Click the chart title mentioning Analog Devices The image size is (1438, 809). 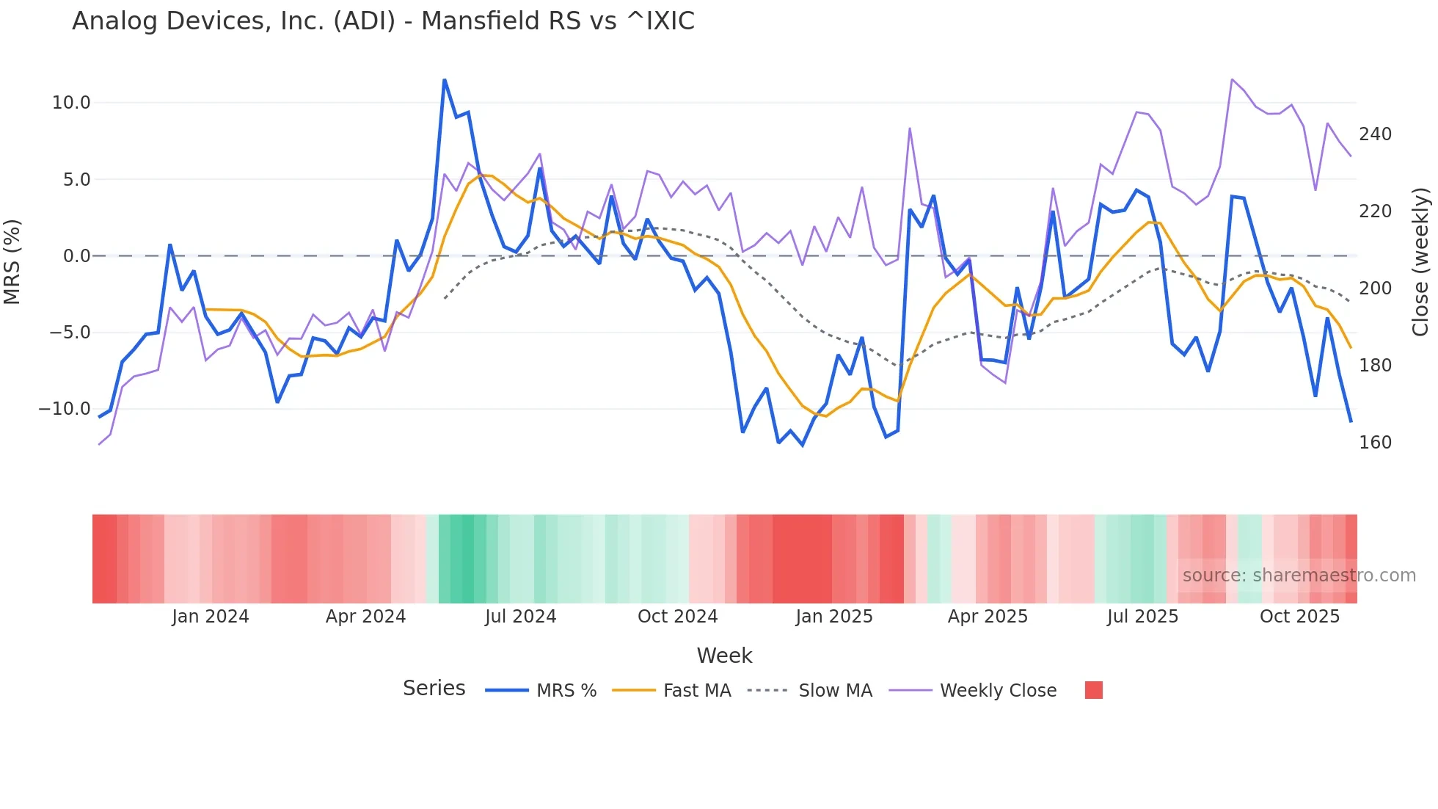pos(383,21)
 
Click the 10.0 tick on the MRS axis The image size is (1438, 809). pos(71,103)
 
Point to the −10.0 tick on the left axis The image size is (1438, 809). pos(65,409)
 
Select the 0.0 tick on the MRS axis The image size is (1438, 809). pos(76,256)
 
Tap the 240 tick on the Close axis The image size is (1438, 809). pos(1375,134)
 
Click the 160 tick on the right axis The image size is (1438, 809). pos(1375,443)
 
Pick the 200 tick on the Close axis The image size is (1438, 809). pos(1375,289)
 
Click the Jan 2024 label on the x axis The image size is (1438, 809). pos(211,617)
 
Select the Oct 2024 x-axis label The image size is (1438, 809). pos(677,617)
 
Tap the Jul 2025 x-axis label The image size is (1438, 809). pos(1142,617)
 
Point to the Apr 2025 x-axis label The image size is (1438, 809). pos(988,617)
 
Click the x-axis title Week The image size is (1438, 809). pos(724,656)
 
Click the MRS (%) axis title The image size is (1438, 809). pos(12,262)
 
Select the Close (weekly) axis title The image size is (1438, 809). pos(1421,262)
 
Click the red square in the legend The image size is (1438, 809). pos(1093,690)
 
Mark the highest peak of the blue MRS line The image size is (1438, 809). pos(445,80)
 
